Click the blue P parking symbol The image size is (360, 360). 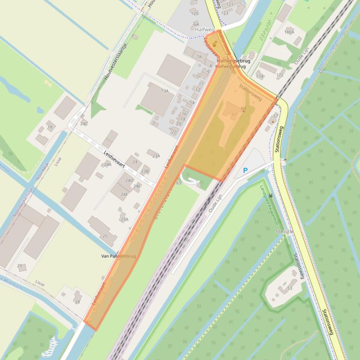(x=245, y=171)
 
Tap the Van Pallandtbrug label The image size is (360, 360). (x=118, y=256)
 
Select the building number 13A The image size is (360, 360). (x=164, y=91)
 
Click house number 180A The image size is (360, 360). (x=289, y=32)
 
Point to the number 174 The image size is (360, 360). (x=259, y=76)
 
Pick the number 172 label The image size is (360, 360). (x=280, y=75)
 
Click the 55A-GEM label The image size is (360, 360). (x=284, y=232)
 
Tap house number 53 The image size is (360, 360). (x=290, y=288)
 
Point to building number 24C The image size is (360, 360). (x=84, y=124)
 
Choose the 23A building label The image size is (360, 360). (x=156, y=156)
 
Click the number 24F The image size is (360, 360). (x=124, y=194)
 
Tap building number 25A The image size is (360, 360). (x=124, y=219)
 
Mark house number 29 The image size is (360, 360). (x=19, y=266)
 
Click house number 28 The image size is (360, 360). (x=77, y=302)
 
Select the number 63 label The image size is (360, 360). (x=178, y=183)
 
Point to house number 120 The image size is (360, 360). (x=195, y=14)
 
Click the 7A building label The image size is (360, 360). (x=199, y=57)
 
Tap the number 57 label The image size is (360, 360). (x=276, y=115)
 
